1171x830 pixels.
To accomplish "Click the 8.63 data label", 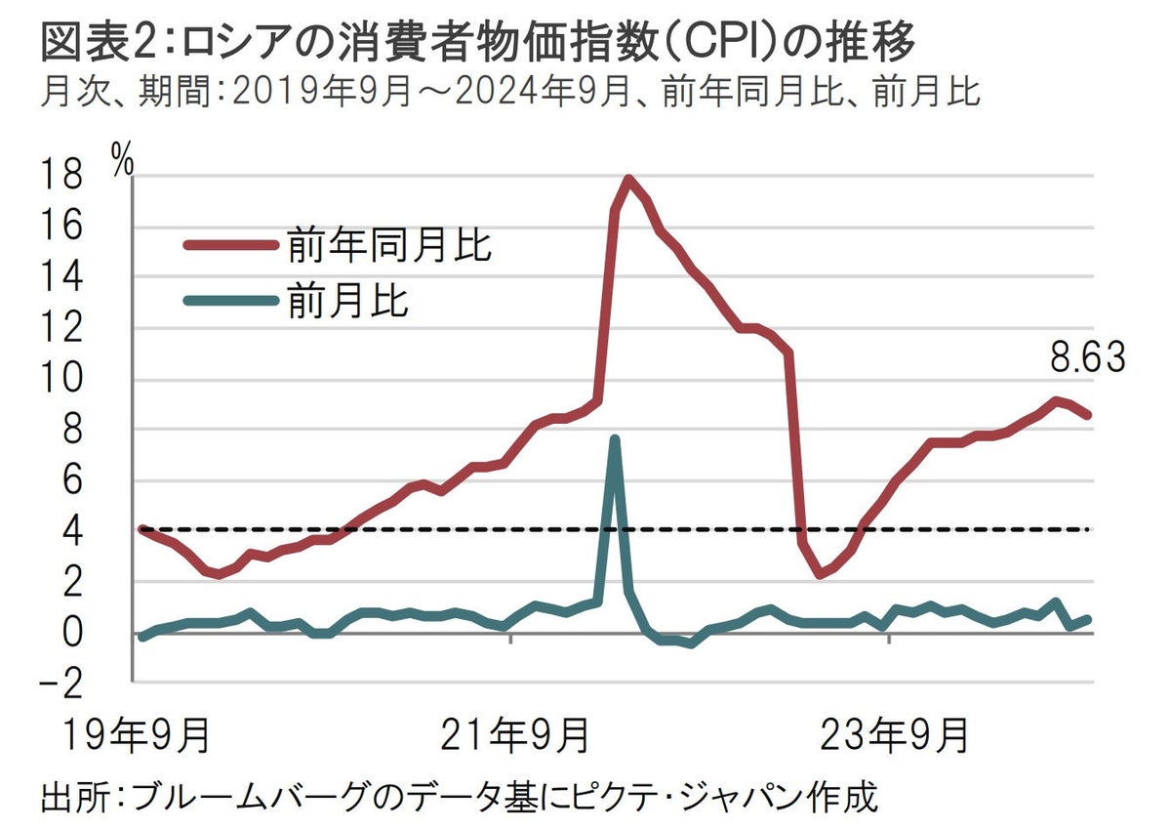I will (1087, 358).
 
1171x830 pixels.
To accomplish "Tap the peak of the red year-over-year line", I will (628, 179).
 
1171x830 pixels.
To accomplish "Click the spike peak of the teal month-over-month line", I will (614, 438).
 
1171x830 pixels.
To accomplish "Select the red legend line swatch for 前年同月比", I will (231, 245).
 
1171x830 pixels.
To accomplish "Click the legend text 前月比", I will (347, 301).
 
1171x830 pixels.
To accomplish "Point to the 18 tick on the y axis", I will (60, 177).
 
